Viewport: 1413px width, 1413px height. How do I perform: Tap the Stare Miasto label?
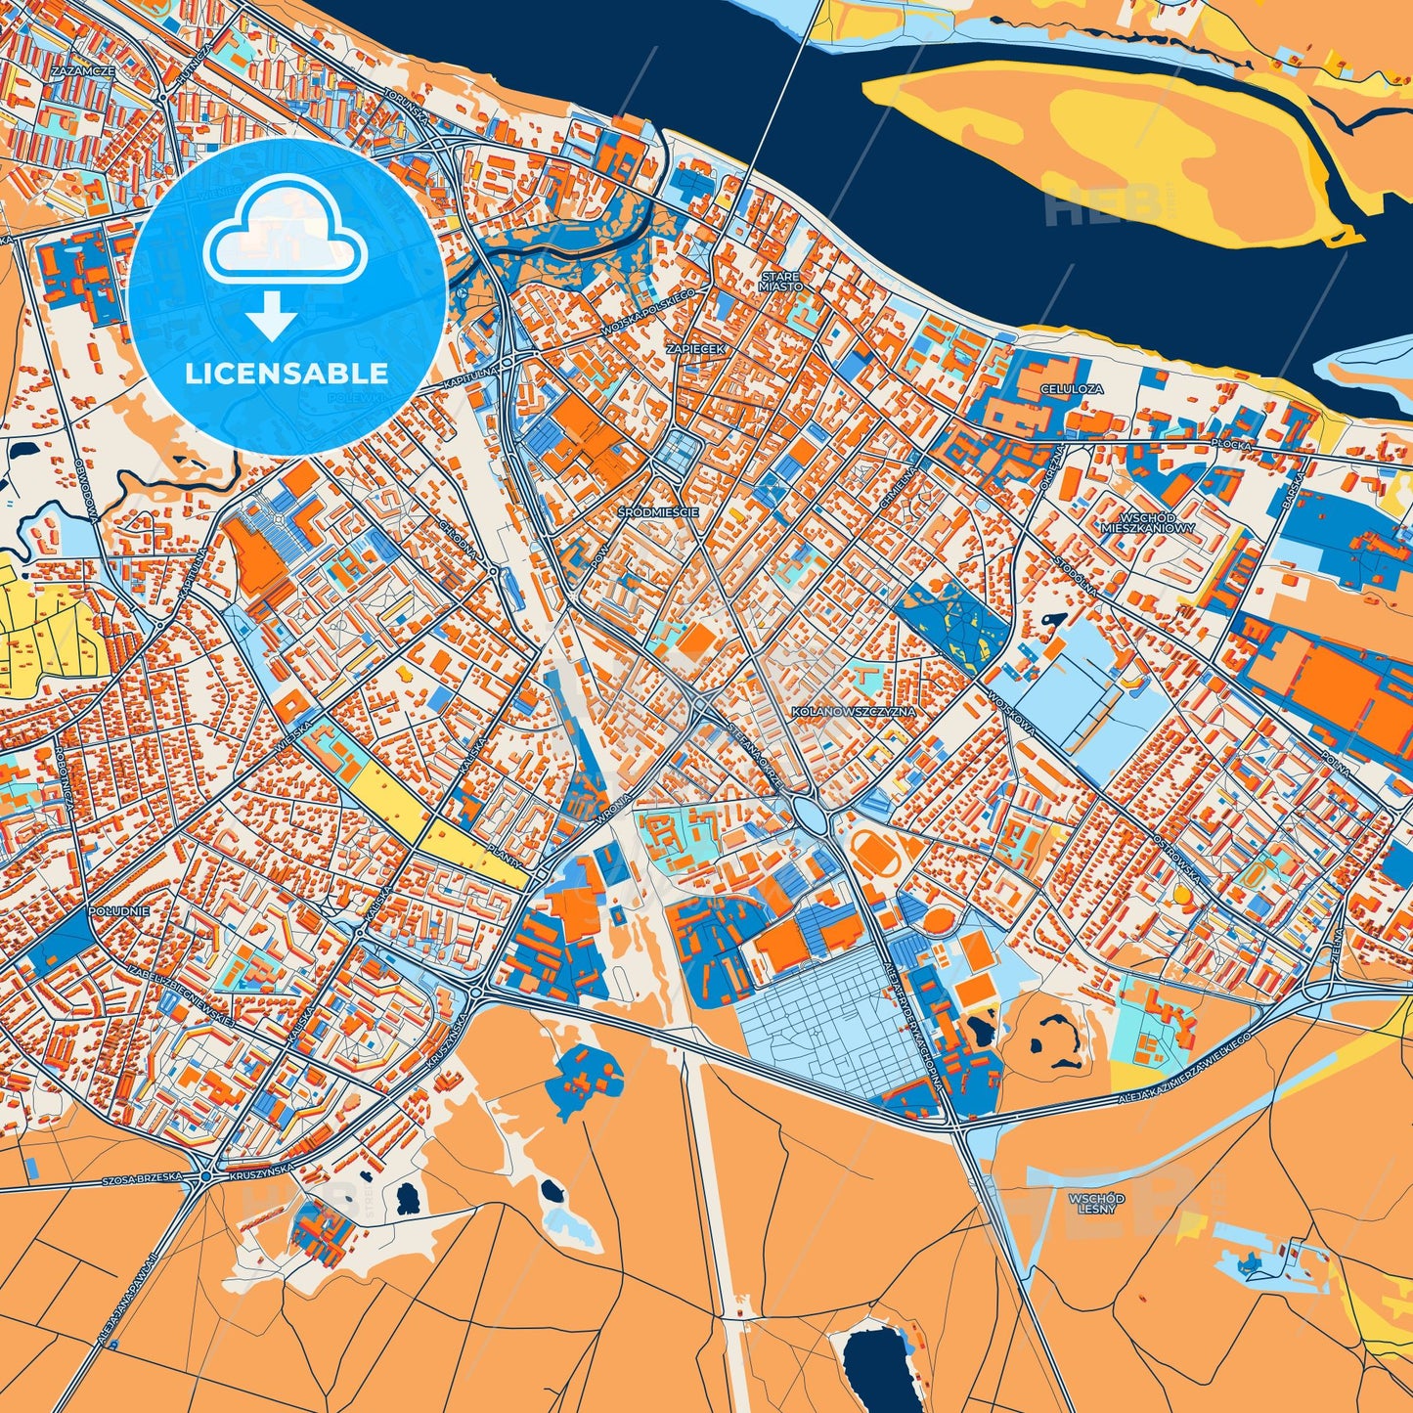780,282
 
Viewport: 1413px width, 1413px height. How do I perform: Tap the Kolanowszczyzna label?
853,712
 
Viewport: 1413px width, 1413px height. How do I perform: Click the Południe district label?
118,910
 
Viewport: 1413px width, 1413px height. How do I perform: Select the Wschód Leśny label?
1096,1203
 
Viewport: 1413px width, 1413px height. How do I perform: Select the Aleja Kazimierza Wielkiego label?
1182,1071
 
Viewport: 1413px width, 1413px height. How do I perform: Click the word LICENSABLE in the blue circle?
287,374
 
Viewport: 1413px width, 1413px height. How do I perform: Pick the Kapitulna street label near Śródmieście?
470,372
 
